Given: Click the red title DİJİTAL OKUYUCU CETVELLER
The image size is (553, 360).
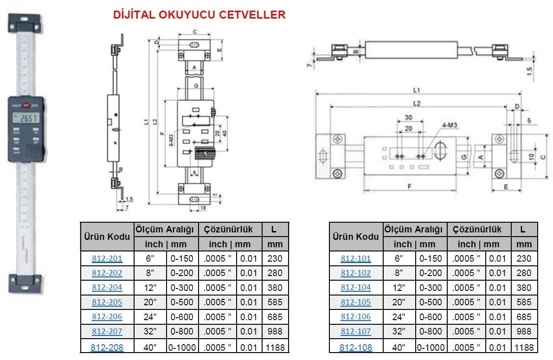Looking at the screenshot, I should [x=199, y=15].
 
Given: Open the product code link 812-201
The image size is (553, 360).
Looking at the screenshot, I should [x=107, y=258].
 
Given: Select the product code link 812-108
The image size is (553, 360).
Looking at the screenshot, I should [x=356, y=347].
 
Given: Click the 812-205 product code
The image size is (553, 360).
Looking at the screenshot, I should [x=107, y=302].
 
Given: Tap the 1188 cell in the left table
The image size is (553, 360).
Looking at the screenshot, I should [x=275, y=347].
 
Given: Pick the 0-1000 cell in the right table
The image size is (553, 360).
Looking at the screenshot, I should [x=431, y=347].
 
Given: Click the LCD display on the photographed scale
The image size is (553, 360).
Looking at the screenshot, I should [x=27, y=118].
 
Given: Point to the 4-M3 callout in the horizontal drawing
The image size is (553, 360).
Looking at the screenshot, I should [x=437, y=125].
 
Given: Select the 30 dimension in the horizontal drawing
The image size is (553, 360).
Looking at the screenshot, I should [x=408, y=117].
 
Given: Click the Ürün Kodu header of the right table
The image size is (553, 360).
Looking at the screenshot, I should [x=356, y=237].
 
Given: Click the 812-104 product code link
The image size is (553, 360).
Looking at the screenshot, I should [x=356, y=288].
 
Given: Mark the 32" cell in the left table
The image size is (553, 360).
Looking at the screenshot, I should [x=150, y=332].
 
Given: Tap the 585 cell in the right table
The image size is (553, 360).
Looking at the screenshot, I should [x=524, y=302].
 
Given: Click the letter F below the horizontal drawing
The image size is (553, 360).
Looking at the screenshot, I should [x=410, y=186].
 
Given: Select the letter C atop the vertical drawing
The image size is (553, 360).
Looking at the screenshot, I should [x=195, y=32].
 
